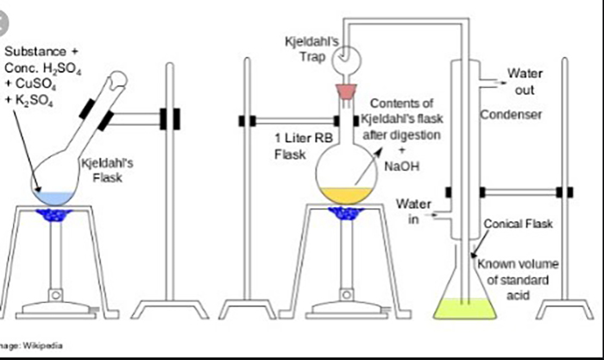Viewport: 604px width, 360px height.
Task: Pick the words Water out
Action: (x=525, y=80)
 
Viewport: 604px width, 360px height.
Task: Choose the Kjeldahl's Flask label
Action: (x=102, y=169)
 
